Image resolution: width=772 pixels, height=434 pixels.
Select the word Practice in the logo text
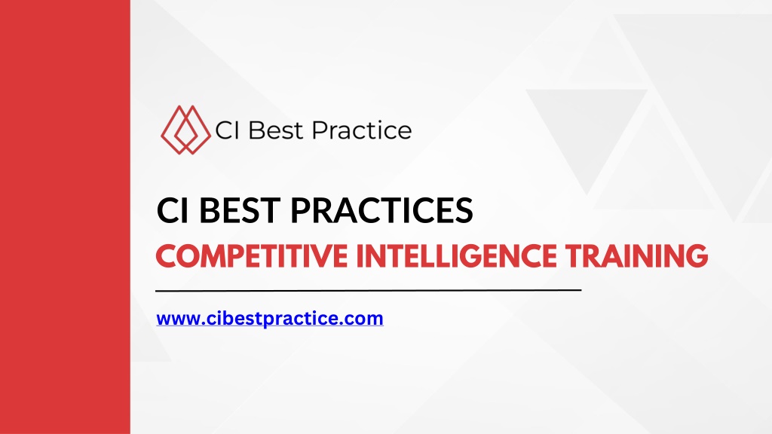point(362,130)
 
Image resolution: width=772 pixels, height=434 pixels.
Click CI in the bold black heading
point(173,210)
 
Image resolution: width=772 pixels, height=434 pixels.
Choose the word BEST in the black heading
point(240,210)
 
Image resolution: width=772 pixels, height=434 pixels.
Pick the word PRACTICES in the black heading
point(381,210)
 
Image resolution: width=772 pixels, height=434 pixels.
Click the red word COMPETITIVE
point(252,256)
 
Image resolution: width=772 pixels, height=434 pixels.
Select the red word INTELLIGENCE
point(456,256)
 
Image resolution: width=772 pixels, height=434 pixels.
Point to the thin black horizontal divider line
point(368,291)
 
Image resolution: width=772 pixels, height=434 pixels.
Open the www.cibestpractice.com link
point(270,319)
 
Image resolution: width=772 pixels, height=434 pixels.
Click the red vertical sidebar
point(65,217)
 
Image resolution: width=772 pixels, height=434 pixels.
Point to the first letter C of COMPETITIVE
point(166,256)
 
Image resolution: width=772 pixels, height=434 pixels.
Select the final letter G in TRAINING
point(696,256)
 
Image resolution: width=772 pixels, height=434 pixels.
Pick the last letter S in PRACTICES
point(463,210)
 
